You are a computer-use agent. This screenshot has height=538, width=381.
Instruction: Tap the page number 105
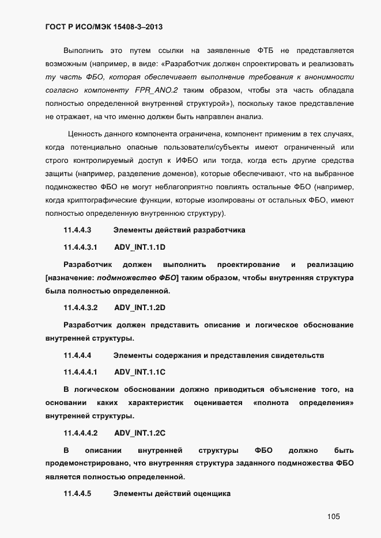coord(333,517)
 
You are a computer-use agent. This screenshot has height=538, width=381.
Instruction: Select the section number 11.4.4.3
coord(78,230)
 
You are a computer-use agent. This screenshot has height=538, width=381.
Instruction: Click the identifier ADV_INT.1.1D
coord(140,247)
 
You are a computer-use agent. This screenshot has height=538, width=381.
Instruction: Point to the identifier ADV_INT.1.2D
coord(140,308)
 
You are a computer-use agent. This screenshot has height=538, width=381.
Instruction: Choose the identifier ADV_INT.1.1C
coord(140,372)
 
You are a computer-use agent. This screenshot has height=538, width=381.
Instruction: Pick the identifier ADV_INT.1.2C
coord(140,433)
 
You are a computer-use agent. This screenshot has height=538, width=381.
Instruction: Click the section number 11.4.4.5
coord(78,493)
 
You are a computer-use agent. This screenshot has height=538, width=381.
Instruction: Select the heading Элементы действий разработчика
coord(179,230)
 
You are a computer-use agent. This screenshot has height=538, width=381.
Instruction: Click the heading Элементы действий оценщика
coord(172,493)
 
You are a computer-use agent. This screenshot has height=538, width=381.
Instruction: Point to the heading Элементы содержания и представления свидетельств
coord(218,356)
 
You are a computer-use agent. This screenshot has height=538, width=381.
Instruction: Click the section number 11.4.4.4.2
coord(81,433)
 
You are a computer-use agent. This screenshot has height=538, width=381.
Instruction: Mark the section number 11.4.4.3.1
coord(81,247)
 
